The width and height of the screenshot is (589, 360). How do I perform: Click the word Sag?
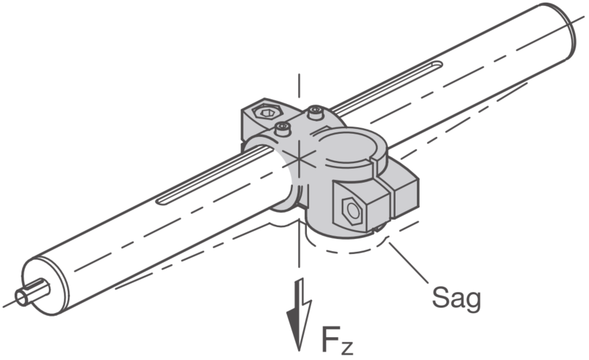457,298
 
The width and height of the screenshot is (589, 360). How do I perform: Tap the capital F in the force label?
330,339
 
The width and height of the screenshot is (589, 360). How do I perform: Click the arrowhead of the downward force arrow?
299,327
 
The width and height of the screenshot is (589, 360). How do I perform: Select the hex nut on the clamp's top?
267,111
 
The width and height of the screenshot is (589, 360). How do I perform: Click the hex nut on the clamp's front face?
352,211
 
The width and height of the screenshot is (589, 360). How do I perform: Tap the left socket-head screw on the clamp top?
283,128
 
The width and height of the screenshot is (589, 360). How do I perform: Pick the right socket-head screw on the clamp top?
316,112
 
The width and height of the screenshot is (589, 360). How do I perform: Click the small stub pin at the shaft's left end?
32,293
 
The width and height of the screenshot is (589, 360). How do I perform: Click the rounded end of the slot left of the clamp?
161,201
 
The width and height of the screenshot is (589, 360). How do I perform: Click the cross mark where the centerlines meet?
299,159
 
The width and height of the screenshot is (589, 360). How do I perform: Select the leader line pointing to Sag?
408,263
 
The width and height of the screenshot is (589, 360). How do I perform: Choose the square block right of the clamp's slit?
405,196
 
